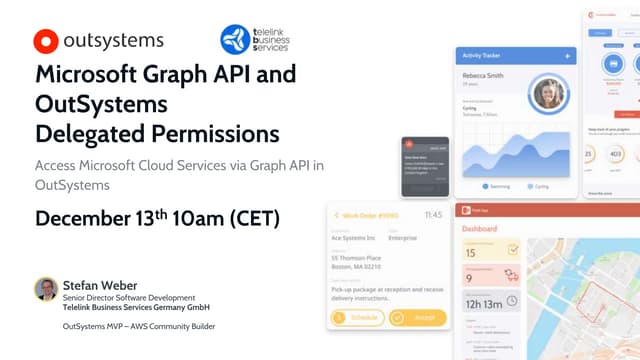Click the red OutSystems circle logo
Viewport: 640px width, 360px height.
(45, 41)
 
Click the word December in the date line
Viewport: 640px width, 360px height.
(91, 218)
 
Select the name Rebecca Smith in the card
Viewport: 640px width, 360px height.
(486, 75)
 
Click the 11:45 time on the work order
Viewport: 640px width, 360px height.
(433, 214)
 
